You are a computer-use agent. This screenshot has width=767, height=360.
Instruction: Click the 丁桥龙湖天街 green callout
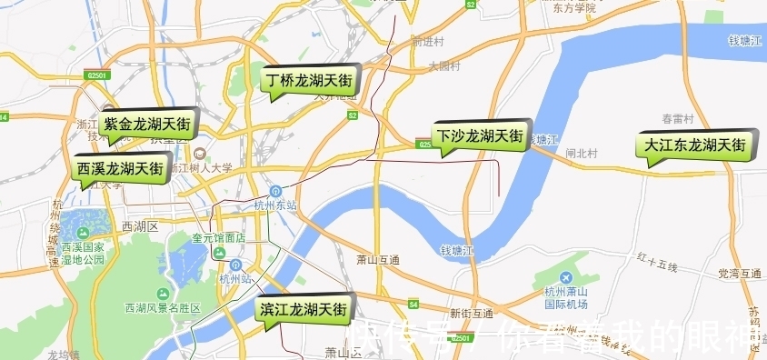(310, 80)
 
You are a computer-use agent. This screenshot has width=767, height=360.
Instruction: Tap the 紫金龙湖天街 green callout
(147, 124)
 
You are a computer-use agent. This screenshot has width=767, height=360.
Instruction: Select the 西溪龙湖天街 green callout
(120, 168)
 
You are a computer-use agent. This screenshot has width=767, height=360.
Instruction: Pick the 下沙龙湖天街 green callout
(479, 136)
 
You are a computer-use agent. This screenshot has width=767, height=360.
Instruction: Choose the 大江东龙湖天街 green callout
(695, 145)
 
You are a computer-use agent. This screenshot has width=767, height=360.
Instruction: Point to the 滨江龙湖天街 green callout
(304, 310)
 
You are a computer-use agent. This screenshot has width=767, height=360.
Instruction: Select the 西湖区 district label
(140, 225)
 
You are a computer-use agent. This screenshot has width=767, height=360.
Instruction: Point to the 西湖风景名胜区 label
(164, 308)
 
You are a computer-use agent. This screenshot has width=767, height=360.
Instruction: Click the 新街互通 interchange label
(471, 313)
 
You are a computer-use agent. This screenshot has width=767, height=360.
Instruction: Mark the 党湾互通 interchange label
(739, 273)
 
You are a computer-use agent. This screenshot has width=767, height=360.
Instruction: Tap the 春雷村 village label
(678, 119)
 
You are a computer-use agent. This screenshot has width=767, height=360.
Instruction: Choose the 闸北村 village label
(581, 154)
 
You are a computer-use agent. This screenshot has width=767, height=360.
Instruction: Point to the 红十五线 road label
(658, 265)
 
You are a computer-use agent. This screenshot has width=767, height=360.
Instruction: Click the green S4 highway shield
(413, 304)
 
